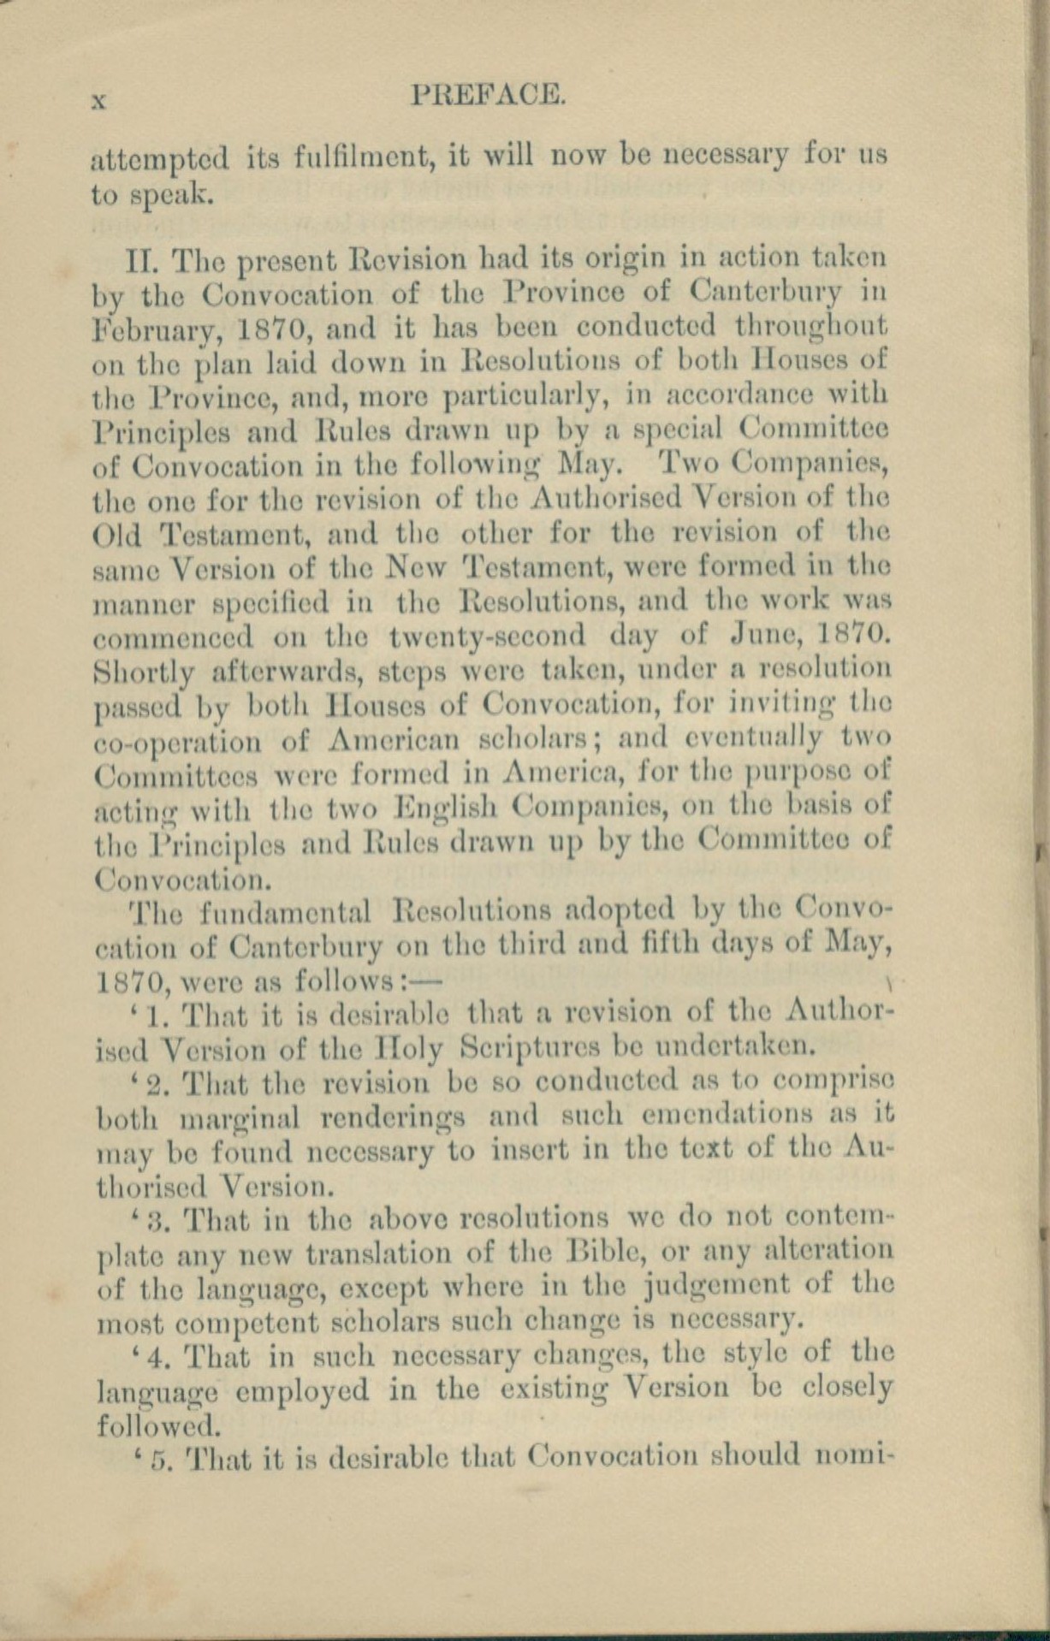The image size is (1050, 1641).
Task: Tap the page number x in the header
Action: point(98,99)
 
